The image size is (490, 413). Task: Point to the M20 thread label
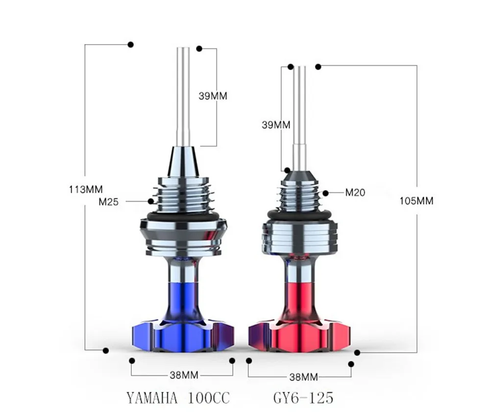355,192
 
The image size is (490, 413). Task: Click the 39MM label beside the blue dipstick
213,96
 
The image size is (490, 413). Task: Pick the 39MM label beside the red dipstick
276,125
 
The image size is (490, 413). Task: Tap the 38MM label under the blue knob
183,375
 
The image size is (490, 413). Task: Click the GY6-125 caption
304,397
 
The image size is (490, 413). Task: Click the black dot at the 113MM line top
130,45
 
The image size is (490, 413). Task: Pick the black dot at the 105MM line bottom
357,352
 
